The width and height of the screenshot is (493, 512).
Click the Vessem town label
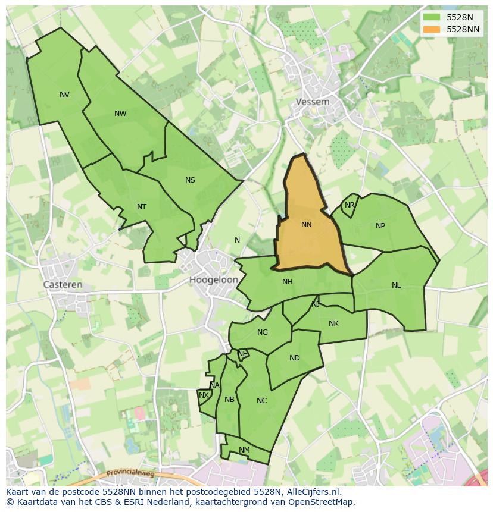313,102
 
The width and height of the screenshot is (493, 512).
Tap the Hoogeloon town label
214,279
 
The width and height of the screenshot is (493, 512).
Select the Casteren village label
63,285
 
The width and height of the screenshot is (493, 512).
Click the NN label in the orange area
307,225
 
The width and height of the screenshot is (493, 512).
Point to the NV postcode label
64,95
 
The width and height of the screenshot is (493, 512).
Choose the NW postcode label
120,114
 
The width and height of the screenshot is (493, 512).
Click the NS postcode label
190,180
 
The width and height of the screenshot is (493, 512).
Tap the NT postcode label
142,207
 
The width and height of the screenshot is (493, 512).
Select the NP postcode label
380,226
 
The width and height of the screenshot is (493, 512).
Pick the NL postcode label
397,285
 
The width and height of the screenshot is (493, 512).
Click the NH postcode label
288,282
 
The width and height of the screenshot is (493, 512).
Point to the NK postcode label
333,323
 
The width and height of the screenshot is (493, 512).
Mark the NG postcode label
263,332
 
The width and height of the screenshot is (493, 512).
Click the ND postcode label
295,358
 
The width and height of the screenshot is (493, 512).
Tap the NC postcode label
262,401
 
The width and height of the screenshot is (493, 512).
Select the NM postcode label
244,450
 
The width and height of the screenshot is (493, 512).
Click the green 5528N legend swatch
432,17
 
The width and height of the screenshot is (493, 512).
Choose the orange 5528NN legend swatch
432,29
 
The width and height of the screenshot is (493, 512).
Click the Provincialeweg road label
130,474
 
